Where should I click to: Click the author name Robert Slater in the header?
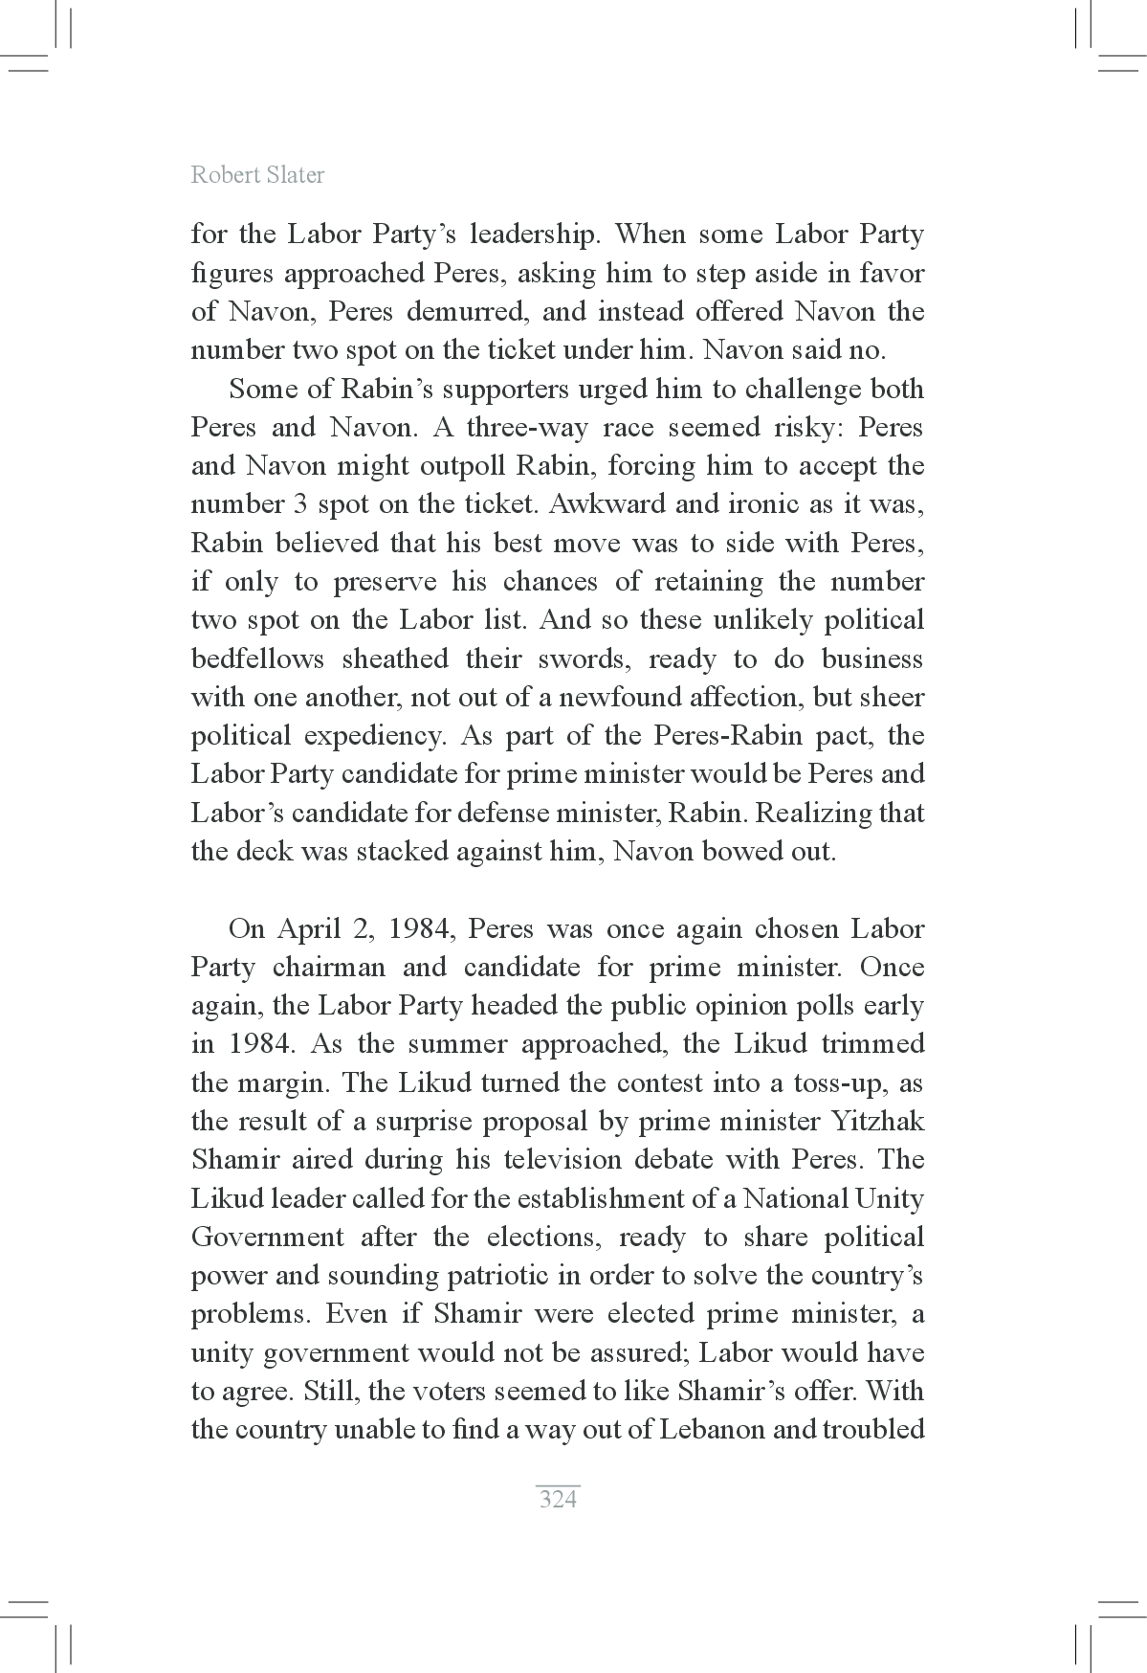(257, 175)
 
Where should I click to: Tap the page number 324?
(558, 1498)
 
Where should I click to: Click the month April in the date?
(303, 929)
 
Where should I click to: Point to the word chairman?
(328, 968)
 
